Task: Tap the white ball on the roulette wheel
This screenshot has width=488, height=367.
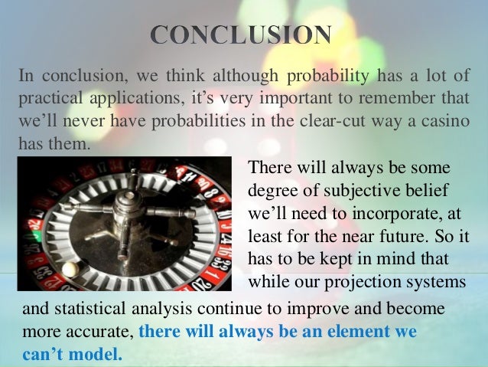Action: [x=70, y=270]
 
